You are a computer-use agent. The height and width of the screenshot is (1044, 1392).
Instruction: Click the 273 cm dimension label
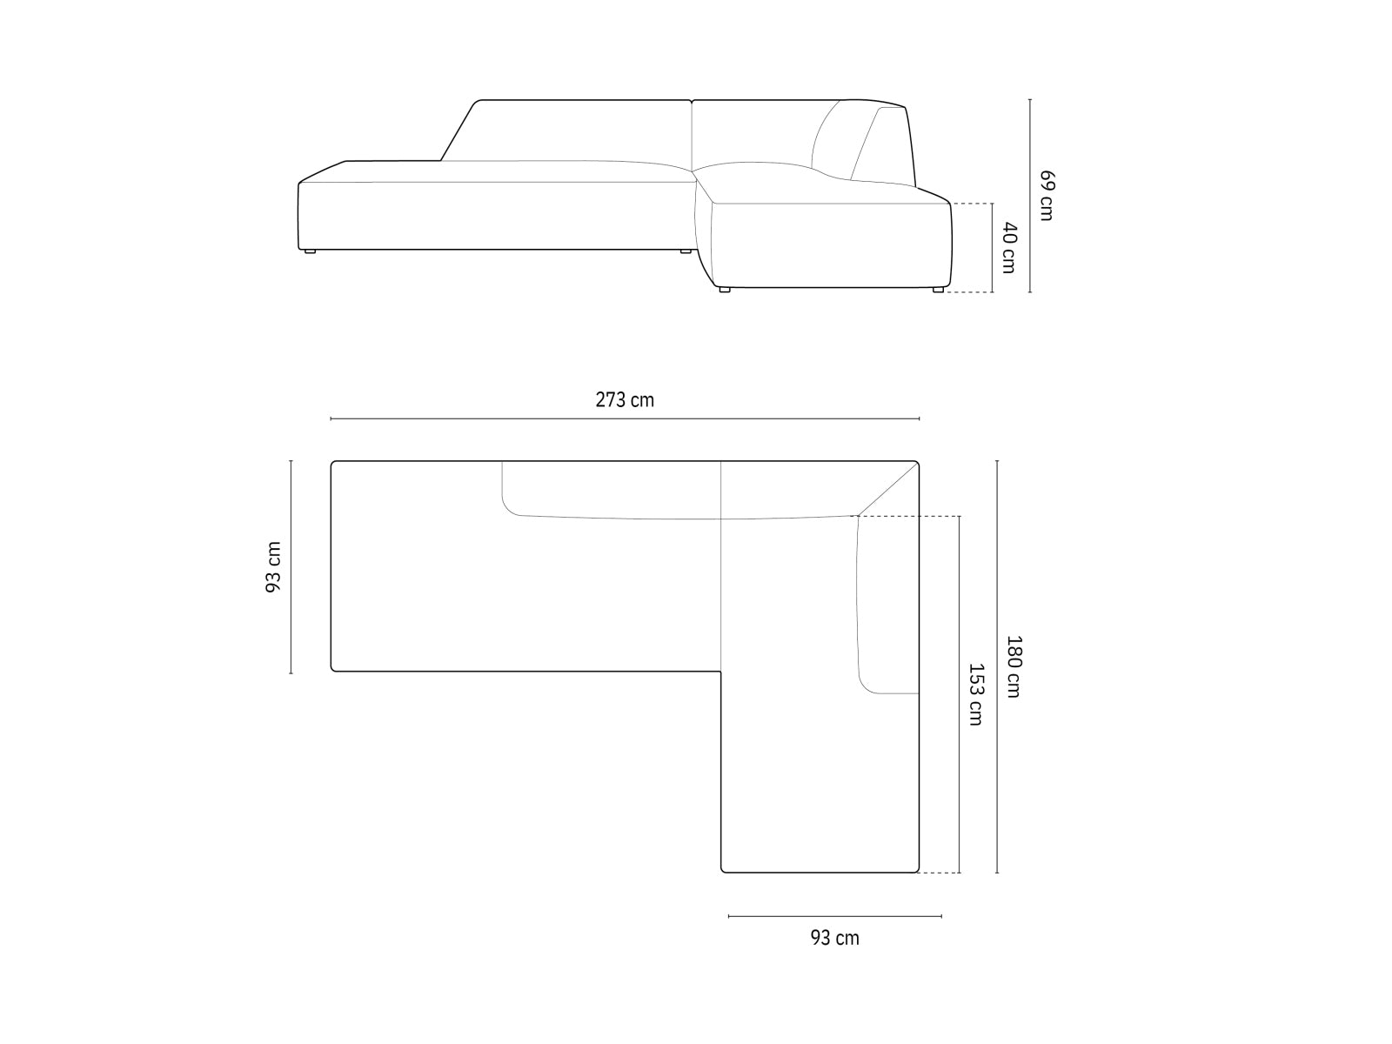(x=624, y=400)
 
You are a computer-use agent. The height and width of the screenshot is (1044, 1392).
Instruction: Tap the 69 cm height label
(x=1046, y=196)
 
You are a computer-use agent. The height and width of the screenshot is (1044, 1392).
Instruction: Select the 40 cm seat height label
(x=1008, y=247)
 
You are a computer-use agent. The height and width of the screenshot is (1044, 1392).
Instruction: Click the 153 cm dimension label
(x=976, y=694)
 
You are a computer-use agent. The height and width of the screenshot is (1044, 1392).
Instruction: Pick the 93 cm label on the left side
(x=273, y=567)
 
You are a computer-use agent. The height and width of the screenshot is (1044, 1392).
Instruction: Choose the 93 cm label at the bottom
(x=834, y=938)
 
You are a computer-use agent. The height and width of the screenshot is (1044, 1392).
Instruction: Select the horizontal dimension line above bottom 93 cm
(x=834, y=916)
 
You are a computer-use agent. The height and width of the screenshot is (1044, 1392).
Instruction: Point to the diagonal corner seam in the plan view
(x=889, y=490)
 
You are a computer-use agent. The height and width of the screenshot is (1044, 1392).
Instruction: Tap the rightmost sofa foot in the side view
(x=937, y=291)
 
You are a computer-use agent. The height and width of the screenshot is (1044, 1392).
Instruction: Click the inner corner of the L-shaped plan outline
(x=721, y=672)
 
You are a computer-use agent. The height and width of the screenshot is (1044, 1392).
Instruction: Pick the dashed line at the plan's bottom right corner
(x=940, y=873)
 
